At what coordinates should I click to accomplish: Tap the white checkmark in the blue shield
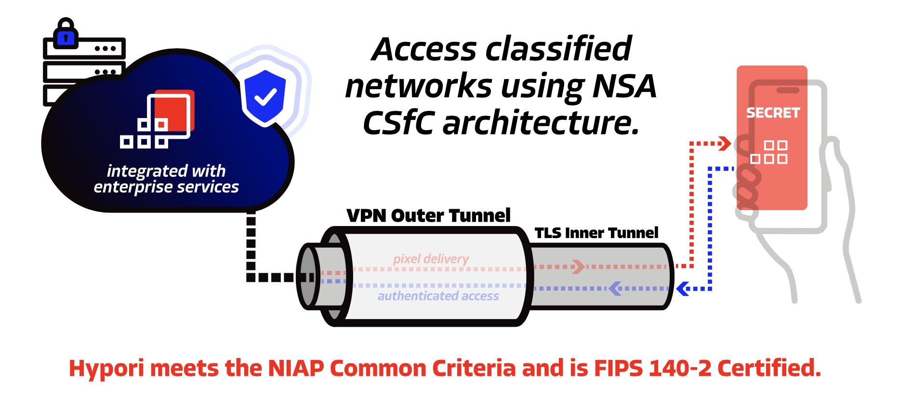(x=265, y=97)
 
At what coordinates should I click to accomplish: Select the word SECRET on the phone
(x=773, y=113)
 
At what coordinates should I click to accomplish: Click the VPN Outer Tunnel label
(x=428, y=215)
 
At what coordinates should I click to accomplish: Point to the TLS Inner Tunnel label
(x=596, y=233)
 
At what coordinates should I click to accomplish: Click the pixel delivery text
(x=431, y=259)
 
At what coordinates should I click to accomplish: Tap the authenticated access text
(x=438, y=296)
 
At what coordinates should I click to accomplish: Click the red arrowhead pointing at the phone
(x=725, y=143)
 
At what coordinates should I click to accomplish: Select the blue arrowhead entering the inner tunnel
(x=682, y=289)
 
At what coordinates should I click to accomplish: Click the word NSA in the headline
(x=624, y=87)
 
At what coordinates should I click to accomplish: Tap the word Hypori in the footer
(x=106, y=369)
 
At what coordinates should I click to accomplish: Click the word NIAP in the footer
(x=296, y=369)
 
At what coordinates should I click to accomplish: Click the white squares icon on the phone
(x=769, y=152)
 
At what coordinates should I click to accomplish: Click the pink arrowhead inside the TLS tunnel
(x=578, y=267)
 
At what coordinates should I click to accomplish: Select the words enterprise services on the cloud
(x=166, y=187)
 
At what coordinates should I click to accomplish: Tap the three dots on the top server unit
(x=106, y=49)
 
